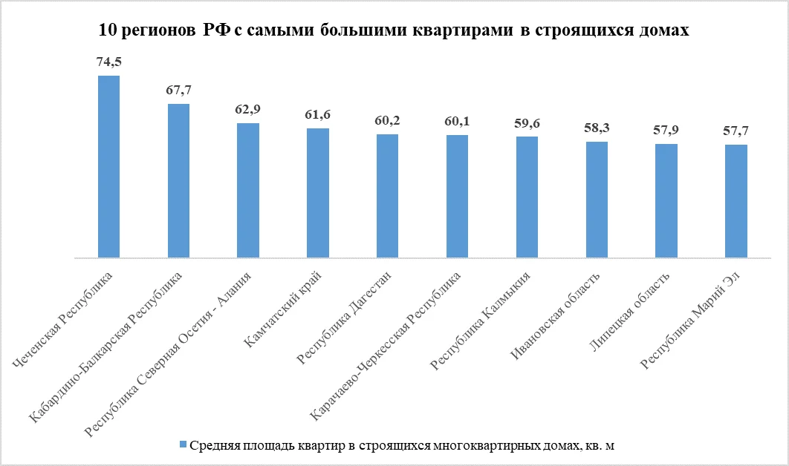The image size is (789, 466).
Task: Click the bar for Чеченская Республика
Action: pos(108,167)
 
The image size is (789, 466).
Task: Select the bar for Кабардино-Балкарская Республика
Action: pos(178,181)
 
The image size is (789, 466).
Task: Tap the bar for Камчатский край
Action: pos(318,193)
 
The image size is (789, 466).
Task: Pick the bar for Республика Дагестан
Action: pos(387,196)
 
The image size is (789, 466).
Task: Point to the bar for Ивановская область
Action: pos(597,200)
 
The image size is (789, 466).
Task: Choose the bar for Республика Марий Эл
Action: pos(736,201)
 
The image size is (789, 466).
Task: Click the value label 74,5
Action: pos(108,62)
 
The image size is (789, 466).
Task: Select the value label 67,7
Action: pos(178,91)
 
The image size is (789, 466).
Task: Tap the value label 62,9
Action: pos(247,110)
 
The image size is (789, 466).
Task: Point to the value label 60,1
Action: pos(457,122)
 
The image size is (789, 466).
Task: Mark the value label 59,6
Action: pos(527,123)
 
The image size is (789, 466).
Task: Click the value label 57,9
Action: pos(666,131)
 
